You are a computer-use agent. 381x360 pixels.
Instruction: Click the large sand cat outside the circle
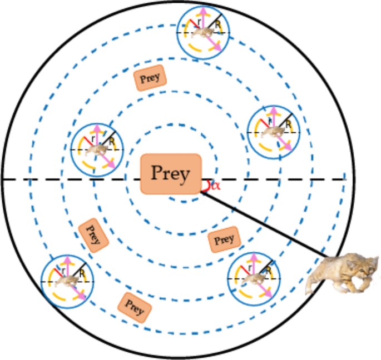(x=342, y=273)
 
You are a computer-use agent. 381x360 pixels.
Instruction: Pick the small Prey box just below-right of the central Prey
(x=224, y=239)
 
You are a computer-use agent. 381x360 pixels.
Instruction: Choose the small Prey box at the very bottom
(x=134, y=306)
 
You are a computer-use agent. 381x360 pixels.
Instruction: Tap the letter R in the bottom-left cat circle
(x=81, y=273)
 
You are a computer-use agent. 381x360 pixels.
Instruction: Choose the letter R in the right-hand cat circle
(x=288, y=124)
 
